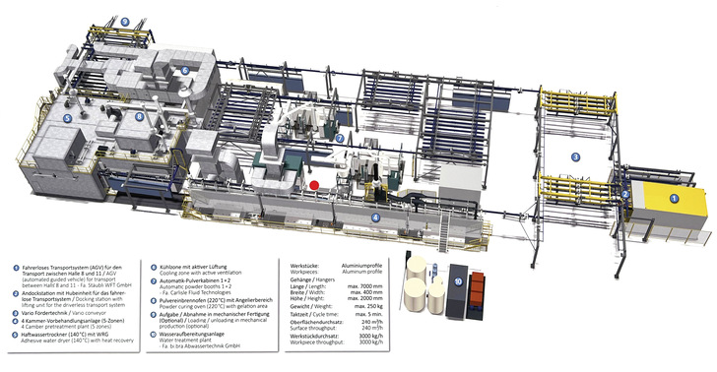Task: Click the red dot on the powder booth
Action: (x=314, y=184)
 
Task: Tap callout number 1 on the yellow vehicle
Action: (x=676, y=199)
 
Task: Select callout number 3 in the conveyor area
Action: (x=576, y=156)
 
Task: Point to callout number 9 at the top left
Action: (x=124, y=21)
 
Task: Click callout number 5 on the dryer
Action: (x=69, y=118)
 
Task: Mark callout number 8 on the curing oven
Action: (x=141, y=117)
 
